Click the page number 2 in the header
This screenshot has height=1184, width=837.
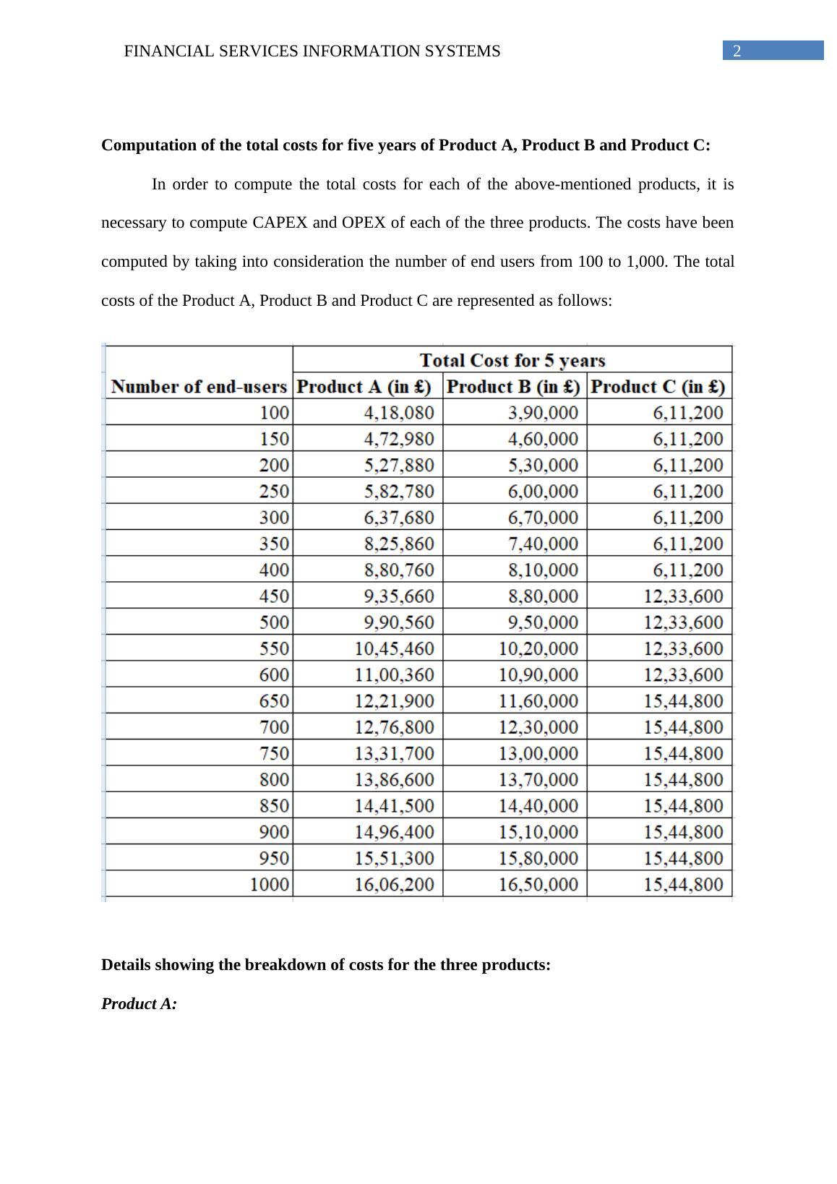(x=737, y=51)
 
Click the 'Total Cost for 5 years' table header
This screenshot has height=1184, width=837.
(x=512, y=360)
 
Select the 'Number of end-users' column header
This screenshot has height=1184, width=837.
(x=199, y=387)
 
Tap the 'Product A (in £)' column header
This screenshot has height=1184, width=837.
(x=364, y=387)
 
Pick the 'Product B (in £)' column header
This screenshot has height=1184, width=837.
(x=514, y=387)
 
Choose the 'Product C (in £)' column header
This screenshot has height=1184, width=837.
(x=658, y=387)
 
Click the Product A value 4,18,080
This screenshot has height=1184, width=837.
(x=399, y=413)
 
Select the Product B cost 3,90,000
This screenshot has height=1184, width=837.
(x=543, y=413)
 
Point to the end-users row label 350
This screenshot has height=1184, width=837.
(x=274, y=544)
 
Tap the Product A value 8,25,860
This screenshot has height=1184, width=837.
(x=399, y=544)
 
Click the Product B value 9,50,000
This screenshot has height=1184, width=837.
(x=543, y=622)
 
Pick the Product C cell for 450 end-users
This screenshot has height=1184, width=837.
(x=683, y=596)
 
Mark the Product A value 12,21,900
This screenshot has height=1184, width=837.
(x=395, y=700)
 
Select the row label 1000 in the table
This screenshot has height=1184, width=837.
(x=270, y=884)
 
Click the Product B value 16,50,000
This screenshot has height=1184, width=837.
(x=538, y=884)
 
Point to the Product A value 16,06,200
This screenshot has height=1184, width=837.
(x=395, y=884)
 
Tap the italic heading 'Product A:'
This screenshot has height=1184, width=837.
(x=139, y=1004)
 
